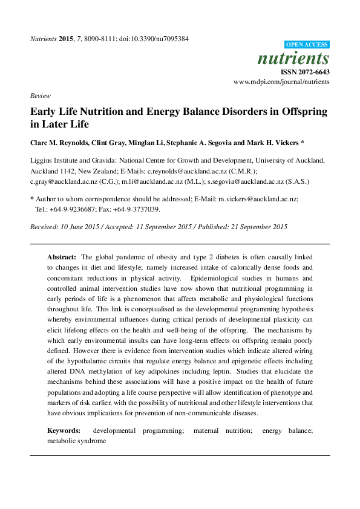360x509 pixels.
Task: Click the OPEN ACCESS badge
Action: click(x=307, y=45)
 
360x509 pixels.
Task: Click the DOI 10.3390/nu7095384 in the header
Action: click(x=160, y=39)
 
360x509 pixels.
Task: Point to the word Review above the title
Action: click(x=40, y=96)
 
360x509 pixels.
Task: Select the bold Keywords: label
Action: click(x=64, y=430)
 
